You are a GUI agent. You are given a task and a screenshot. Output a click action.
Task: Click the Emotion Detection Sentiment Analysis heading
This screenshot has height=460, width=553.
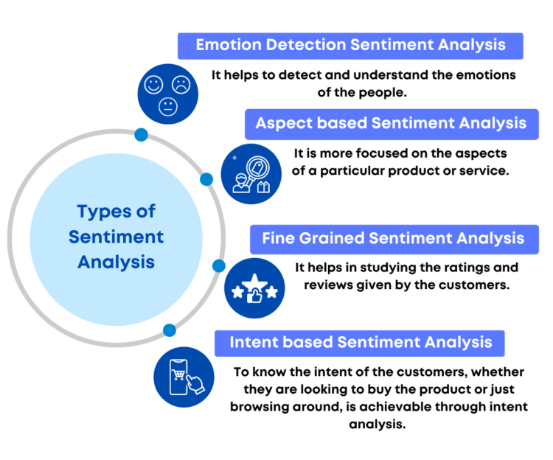click(x=350, y=45)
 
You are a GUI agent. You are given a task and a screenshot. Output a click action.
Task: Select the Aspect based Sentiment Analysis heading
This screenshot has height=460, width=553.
click(x=391, y=123)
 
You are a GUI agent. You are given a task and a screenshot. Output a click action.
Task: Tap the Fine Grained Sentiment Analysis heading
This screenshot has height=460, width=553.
click(x=393, y=238)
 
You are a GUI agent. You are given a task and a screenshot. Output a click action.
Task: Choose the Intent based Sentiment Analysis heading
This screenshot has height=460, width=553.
click(x=361, y=343)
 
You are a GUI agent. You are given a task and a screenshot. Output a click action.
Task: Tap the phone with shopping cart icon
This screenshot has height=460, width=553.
click(x=184, y=377)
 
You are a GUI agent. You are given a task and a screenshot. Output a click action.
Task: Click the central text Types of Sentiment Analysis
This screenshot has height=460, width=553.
click(x=116, y=237)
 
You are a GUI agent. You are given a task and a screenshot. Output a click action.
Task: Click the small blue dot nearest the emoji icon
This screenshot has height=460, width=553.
click(x=141, y=135)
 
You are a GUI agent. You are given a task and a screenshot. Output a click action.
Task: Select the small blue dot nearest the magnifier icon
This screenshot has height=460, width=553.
click(x=206, y=179)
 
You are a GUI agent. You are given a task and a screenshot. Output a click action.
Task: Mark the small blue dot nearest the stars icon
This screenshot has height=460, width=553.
click(x=218, y=265)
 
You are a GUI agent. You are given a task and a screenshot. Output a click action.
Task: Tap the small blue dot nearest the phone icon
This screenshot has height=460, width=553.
click(x=170, y=330)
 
